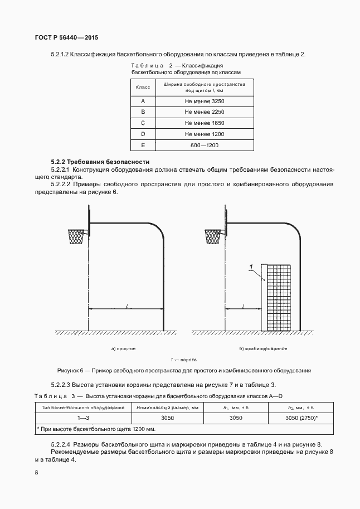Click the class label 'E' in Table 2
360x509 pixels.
[x=143, y=145]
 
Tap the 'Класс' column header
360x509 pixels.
[x=143, y=87]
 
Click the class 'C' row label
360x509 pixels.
[x=143, y=123]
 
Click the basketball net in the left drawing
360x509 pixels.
[x=75, y=236]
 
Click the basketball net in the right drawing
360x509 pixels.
[x=213, y=236]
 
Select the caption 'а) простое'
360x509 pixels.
[x=124, y=348]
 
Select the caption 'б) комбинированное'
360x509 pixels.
[x=263, y=348]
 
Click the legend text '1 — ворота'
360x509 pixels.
[x=183, y=360]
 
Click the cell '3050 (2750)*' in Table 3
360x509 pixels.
[x=301, y=418]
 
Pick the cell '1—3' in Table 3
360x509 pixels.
[x=83, y=418]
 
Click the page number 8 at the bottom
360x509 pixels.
[x=36, y=472]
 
